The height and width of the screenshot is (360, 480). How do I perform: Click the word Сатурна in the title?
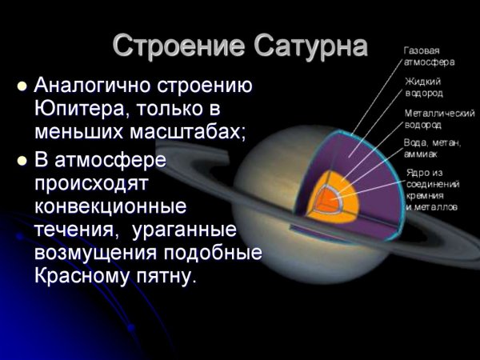click(x=309, y=46)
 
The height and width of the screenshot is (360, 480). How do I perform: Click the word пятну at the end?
click(x=169, y=277)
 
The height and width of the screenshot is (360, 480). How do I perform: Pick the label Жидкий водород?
click(x=424, y=86)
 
